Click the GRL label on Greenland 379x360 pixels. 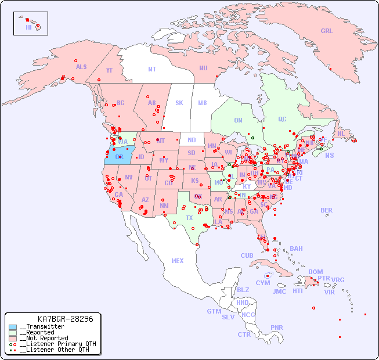click(x=327, y=31)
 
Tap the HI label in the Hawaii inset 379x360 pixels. click(x=28, y=27)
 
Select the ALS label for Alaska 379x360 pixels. click(x=81, y=67)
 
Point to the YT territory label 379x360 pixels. click(x=109, y=70)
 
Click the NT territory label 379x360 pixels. click(x=152, y=69)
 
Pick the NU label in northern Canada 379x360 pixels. click(x=203, y=68)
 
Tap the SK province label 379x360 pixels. click(x=179, y=103)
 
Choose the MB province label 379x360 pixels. click(x=203, y=103)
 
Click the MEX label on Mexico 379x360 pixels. click(x=178, y=261)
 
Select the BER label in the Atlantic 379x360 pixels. click(x=327, y=210)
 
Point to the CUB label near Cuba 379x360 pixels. click(x=247, y=255)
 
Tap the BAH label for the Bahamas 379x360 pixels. click(x=296, y=249)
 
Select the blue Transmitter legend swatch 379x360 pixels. click(x=13, y=327)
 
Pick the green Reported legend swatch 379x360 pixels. click(x=13, y=333)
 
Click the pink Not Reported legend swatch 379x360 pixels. click(x=13, y=338)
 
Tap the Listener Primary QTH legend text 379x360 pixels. click(x=57, y=344)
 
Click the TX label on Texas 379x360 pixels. click(x=189, y=218)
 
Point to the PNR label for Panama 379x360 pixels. click(x=277, y=327)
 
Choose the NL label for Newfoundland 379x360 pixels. click(x=341, y=133)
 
